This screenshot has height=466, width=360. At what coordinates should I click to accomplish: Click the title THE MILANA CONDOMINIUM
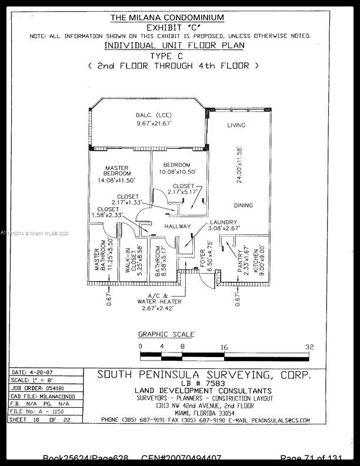[x=167, y=18]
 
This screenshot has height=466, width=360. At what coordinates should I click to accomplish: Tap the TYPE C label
[x=170, y=56]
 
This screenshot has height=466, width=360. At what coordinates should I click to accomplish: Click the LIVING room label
[x=236, y=125]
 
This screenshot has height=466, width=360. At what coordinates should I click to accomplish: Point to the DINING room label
[x=244, y=205]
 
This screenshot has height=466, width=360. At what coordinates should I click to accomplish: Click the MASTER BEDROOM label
[x=118, y=171]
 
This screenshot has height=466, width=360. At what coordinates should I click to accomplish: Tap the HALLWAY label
[x=178, y=226]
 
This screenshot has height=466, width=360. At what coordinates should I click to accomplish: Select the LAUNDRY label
[x=224, y=222]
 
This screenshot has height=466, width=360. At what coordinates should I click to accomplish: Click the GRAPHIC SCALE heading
[x=166, y=334]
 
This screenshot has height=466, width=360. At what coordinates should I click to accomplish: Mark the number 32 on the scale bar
[x=309, y=347]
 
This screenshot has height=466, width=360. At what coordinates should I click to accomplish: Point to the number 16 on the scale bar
[x=224, y=347]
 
